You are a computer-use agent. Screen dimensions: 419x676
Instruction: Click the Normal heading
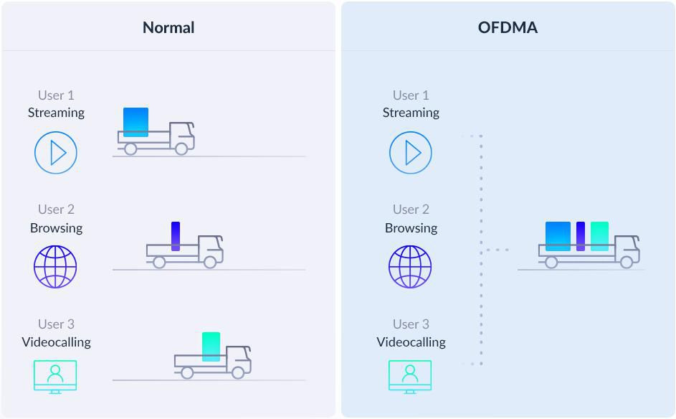pyautogui.click(x=168, y=28)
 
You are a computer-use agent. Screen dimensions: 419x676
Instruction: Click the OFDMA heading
pyautogui.click(x=508, y=28)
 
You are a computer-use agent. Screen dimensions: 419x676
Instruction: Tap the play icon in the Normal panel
pyautogui.click(x=56, y=152)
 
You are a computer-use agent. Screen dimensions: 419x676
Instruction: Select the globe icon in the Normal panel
pyautogui.click(x=55, y=267)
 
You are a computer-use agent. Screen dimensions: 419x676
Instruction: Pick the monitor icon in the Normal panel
pyautogui.click(x=55, y=377)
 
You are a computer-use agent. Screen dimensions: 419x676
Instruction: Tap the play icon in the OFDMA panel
pyautogui.click(x=411, y=152)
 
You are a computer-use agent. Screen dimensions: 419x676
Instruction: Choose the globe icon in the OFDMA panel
pyautogui.click(x=410, y=267)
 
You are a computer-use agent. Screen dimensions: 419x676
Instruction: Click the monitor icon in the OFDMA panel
pyautogui.click(x=410, y=377)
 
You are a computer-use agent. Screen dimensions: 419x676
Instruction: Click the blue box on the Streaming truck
pyautogui.click(x=135, y=122)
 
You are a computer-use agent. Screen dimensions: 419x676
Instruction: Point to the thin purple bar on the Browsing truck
pyautogui.click(x=176, y=236)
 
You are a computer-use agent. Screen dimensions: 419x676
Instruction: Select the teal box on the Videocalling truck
pyautogui.click(x=211, y=347)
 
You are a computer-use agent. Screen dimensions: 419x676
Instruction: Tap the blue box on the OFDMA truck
pyautogui.click(x=558, y=236)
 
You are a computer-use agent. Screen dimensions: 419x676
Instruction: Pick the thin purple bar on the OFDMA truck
pyautogui.click(x=581, y=236)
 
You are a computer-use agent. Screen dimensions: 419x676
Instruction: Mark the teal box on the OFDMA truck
pyautogui.click(x=599, y=236)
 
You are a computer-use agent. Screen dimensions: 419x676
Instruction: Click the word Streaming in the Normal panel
pyautogui.click(x=56, y=113)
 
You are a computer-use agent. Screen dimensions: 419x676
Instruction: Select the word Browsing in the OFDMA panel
pyautogui.click(x=411, y=228)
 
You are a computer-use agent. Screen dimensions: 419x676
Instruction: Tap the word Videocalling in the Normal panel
pyautogui.click(x=56, y=342)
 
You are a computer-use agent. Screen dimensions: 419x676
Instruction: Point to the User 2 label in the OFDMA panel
pyautogui.click(x=411, y=209)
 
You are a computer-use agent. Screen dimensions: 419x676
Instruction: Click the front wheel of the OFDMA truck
pyautogui.click(x=627, y=263)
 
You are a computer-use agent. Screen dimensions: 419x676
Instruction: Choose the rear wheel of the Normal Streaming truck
pyautogui.click(x=130, y=149)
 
